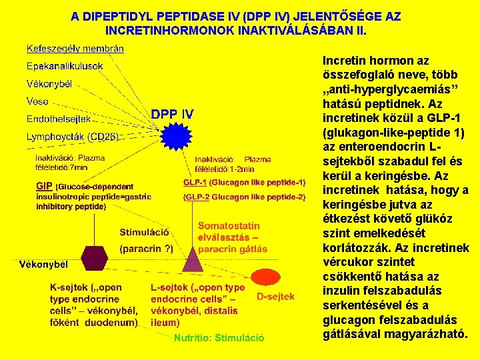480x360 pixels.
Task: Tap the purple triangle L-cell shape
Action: coord(193,257)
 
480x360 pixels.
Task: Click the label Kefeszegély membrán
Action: coord(75,48)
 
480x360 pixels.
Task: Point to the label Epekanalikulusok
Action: coord(65,66)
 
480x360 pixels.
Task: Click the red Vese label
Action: coord(37,101)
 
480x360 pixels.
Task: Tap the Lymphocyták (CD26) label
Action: coord(72,137)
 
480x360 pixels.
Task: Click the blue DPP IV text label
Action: coord(172,115)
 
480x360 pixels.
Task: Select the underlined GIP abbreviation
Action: coord(44,187)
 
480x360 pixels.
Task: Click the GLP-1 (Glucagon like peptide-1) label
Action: coord(244,182)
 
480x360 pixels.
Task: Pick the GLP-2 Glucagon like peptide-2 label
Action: coord(244,197)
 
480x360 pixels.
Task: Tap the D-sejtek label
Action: coord(275,297)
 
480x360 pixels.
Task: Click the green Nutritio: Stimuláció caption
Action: coord(219,338)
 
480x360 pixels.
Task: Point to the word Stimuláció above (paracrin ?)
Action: coord(144,233)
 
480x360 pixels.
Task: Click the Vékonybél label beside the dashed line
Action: coord(43,264)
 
